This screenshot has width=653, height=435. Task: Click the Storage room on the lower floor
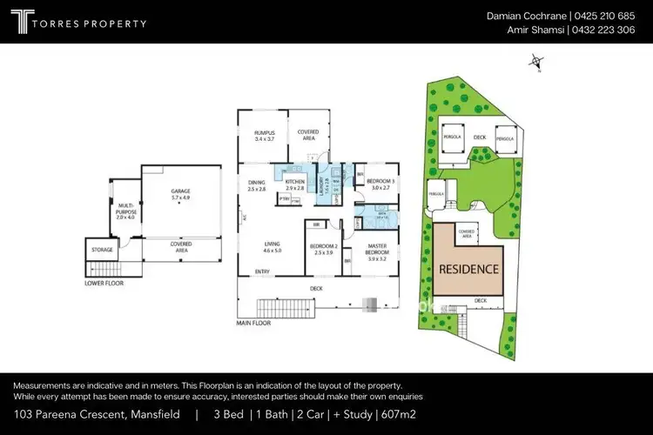point(102,251)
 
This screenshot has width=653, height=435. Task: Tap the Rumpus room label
point(264,135)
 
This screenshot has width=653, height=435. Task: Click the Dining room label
point(256,184)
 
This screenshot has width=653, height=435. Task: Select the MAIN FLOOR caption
point(253,323)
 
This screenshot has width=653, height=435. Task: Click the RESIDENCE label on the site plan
point(468,269)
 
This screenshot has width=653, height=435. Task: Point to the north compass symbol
point(537,62)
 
